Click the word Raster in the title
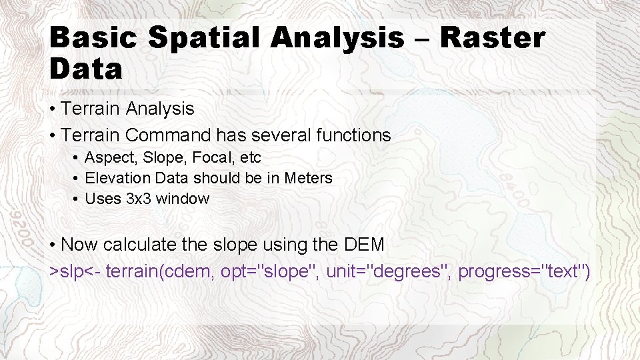[493, 38]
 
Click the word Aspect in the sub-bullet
[109, 158]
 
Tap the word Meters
[308, 178]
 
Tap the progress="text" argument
[524, 271]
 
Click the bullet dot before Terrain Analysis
[53, 109]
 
